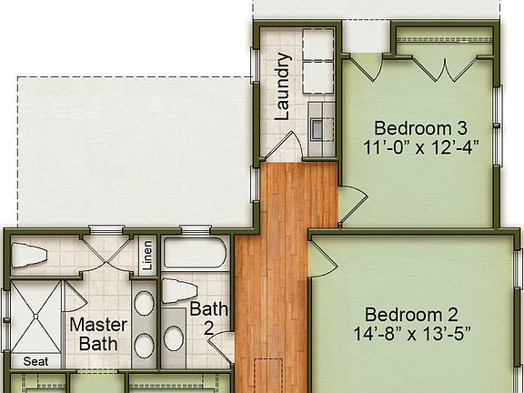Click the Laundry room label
click(x=282, y=86)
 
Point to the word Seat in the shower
click(x=35, y=361)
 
